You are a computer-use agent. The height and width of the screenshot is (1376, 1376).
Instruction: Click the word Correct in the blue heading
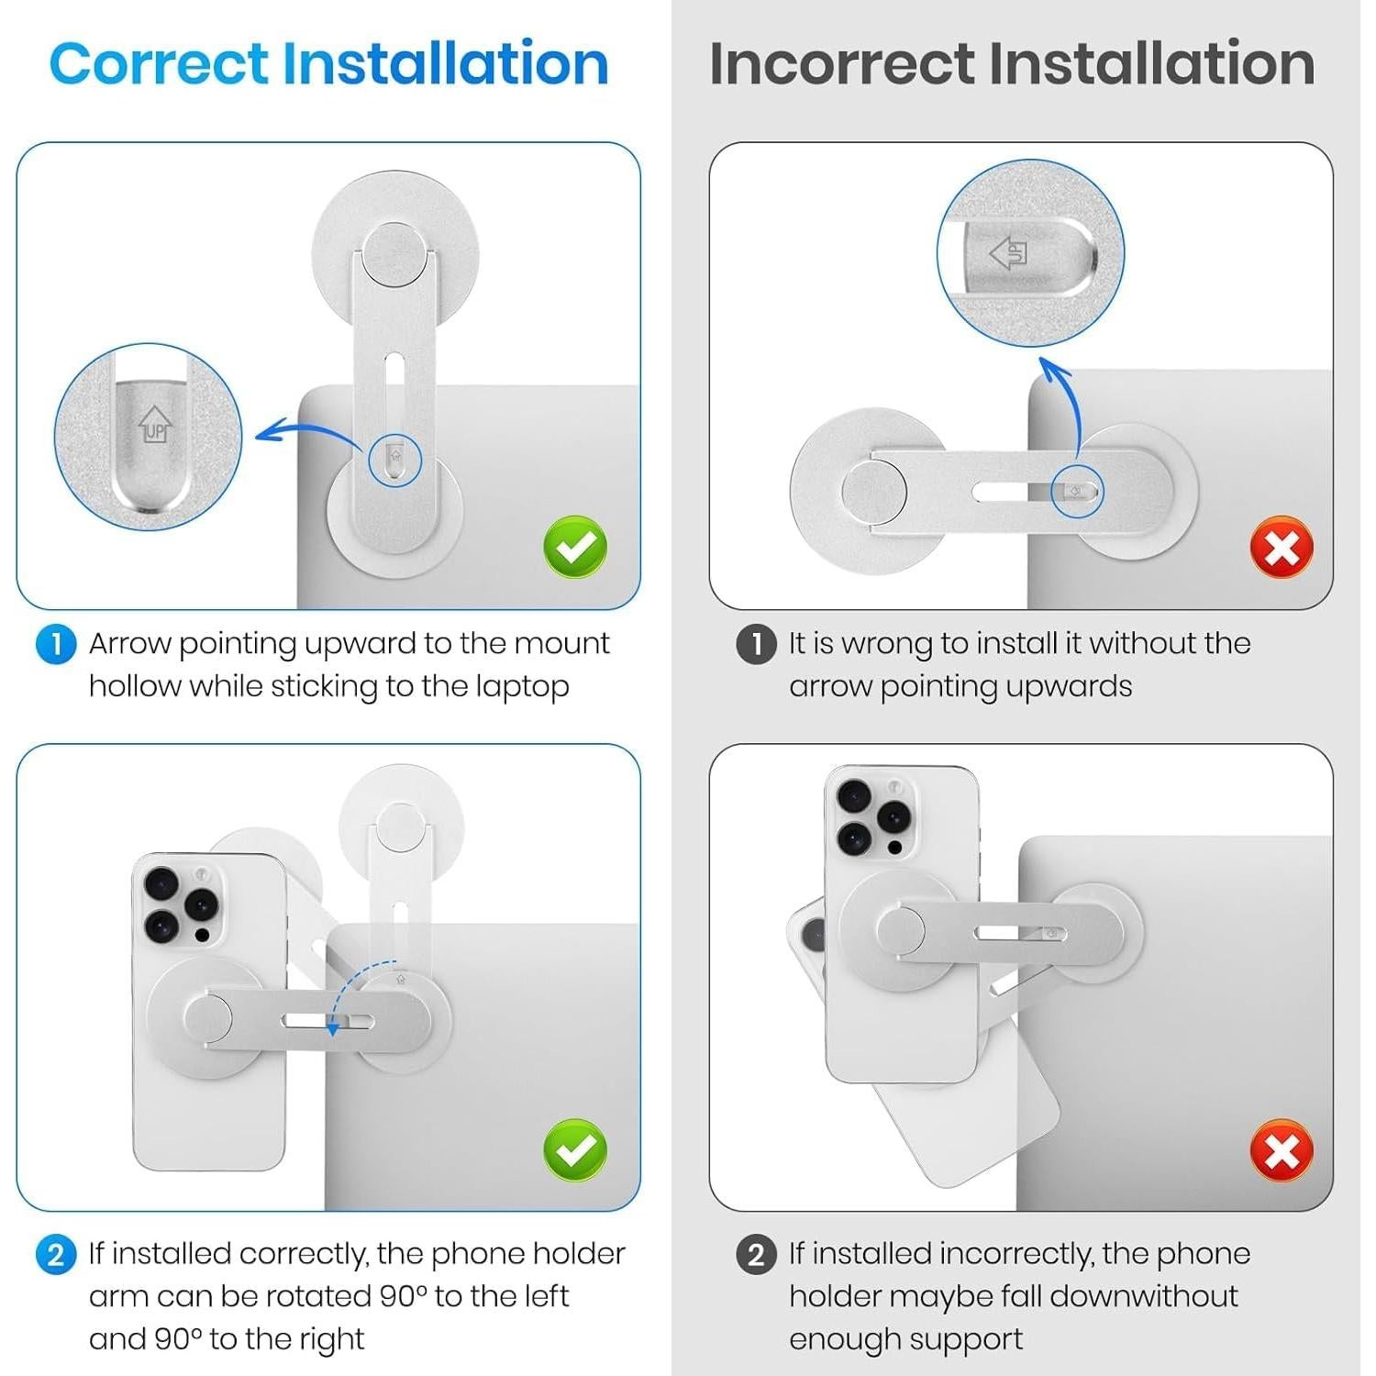click(158, 63)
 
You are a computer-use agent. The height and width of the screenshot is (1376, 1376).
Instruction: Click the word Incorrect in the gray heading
click(843, 63)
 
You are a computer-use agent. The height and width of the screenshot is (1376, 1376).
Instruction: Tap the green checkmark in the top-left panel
click(575, 548)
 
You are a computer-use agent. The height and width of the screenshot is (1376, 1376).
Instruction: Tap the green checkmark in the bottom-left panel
click(575, 1150)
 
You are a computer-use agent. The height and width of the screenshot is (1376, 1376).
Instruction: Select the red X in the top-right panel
click(1282, 548)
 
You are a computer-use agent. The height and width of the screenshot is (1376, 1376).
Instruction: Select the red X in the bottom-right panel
click(1282, 1150)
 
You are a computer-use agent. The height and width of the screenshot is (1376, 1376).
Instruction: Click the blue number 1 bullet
click(56, 644)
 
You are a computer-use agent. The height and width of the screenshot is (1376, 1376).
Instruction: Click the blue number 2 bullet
click(56, 1254)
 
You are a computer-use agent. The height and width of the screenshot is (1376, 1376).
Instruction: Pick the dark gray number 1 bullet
click(757, 644)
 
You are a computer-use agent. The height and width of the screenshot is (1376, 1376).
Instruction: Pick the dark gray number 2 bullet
click(757, 1254)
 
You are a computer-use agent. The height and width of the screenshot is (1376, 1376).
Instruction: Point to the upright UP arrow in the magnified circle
click(154, 424)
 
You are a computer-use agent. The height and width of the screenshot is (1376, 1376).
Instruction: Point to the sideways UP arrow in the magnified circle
click(1009, 252)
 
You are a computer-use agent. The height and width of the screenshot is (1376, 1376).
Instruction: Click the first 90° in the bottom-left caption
click(404, 1295)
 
